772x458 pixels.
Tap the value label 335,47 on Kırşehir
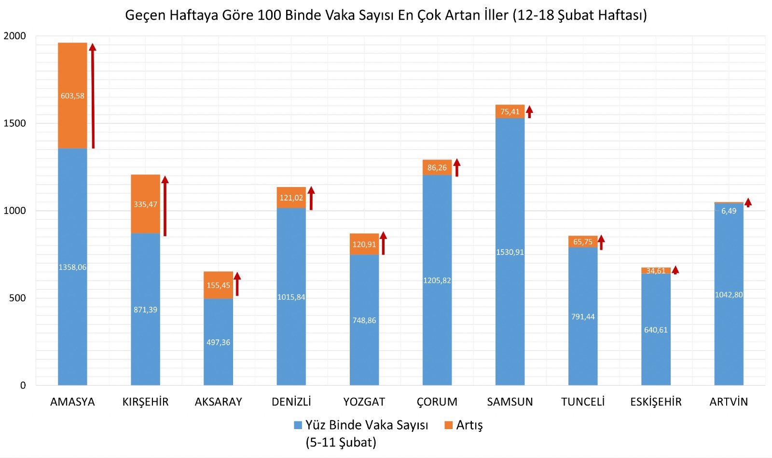(x=145, y=204)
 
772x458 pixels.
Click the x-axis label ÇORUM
(x=437, y=402)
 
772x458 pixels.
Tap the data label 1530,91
(x=510, y=252)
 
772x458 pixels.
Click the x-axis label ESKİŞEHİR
(x=656, y=402)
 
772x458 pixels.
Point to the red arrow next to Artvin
(x=748, y=202)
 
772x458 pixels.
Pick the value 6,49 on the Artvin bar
(x=729, y=211)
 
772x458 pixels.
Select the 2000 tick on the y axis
(x=14, y=36)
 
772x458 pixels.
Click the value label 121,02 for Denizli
(x=291, y=198)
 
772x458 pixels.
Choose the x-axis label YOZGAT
(x=364, y=402)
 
